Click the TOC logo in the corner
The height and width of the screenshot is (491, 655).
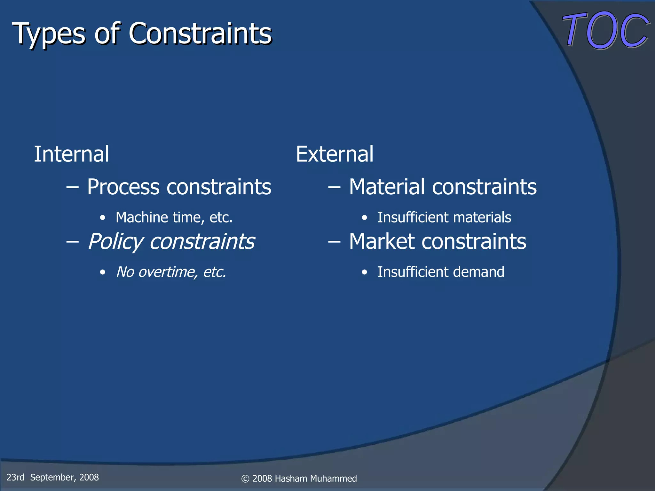(605, 30)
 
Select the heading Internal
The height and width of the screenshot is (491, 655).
(71, 154)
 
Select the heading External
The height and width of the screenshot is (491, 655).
(335, 154)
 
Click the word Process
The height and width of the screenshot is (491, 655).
(123, 187)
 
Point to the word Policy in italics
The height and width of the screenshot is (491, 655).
(115, 242)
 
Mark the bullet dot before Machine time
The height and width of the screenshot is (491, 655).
(102, 218)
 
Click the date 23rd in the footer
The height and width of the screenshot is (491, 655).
(15, 477)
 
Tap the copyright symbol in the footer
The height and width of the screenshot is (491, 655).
(245, 479)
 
